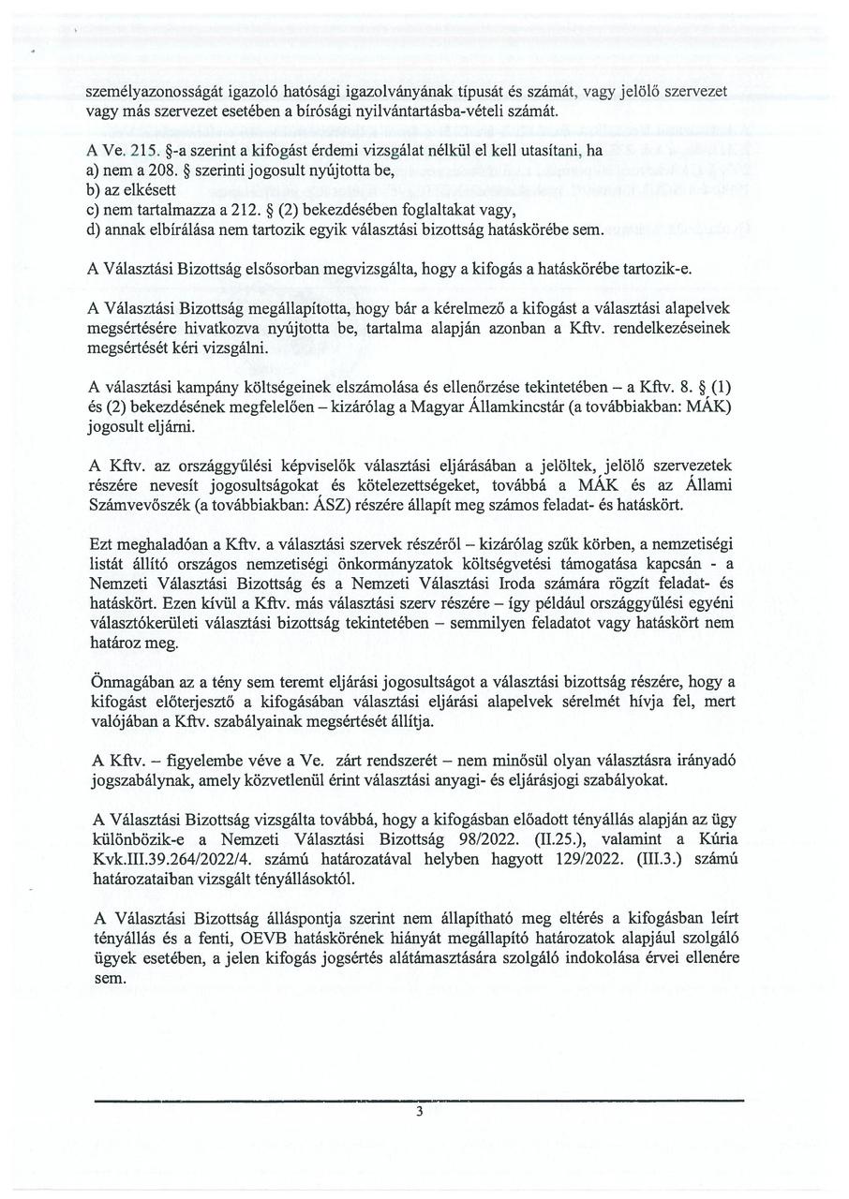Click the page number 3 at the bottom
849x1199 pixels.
419,1112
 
